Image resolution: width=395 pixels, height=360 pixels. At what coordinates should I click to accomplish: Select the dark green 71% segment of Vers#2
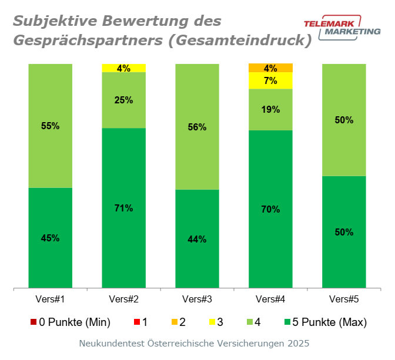(x=124, y=208)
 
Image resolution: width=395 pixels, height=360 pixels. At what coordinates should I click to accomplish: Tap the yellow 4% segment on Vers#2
(x=124, y=68)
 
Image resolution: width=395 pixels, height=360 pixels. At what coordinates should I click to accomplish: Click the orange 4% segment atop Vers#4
(x=271, y=68)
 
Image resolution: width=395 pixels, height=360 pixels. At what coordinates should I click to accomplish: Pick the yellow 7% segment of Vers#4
(x=271, y=80)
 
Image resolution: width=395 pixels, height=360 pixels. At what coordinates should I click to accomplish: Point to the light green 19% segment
(x=271, y=109)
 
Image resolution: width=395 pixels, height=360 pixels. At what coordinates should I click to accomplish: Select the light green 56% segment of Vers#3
(x=197, y=127)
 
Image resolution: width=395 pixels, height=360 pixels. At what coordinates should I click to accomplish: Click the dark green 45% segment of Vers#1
(x=51, y=238)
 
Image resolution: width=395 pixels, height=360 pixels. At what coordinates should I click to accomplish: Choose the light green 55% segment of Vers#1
(x=51, y=126)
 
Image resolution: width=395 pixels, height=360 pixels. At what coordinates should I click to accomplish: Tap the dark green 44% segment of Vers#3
(x=197, y=239)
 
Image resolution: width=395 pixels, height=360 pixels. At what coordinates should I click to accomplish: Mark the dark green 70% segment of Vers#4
(x=271, y=209)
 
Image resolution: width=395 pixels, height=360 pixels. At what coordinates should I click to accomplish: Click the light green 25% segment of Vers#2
(x=124, y=100)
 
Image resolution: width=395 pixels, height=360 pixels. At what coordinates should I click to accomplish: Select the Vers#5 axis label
(x=344, y=300)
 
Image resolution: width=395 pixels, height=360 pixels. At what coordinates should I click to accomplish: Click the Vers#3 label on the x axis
(x=197, y=300)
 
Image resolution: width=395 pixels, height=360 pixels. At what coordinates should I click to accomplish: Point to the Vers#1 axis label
(x=51, y=300)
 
